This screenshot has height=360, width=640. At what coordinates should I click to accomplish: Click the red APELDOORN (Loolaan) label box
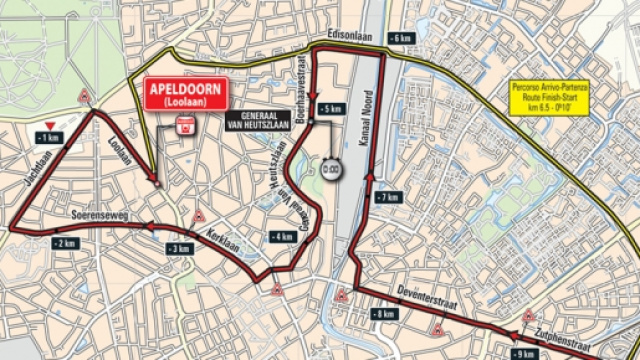pyautogui.click(x=186, y=94)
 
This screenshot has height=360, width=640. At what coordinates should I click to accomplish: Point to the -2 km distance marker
pyautogui.click(x=66, y=243)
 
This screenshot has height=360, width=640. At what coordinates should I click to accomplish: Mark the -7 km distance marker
pyautogui.click(x=389, y=197)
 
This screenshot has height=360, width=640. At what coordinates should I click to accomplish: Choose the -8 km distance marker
pyautogui.click(x=382, y=313)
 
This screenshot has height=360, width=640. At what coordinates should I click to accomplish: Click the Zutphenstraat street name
pyautogui.click(x=561, y=327)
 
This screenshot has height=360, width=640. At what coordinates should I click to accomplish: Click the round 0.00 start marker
pyautogui.click(x=332, y=170)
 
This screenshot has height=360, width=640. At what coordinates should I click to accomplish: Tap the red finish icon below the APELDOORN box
pyautogui.click(x=184, y=126)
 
